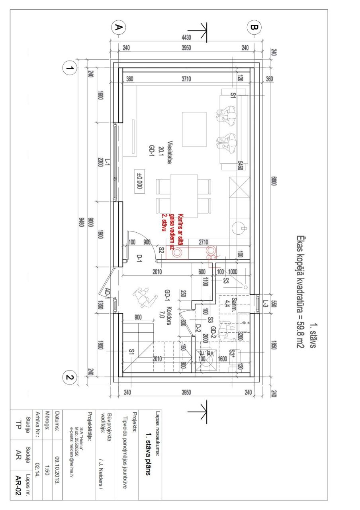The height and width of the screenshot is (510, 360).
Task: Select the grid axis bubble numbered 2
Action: click(70, 377)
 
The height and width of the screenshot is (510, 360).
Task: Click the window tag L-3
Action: click(264, 304)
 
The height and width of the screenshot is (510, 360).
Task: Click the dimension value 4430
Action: click(186, 38)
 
